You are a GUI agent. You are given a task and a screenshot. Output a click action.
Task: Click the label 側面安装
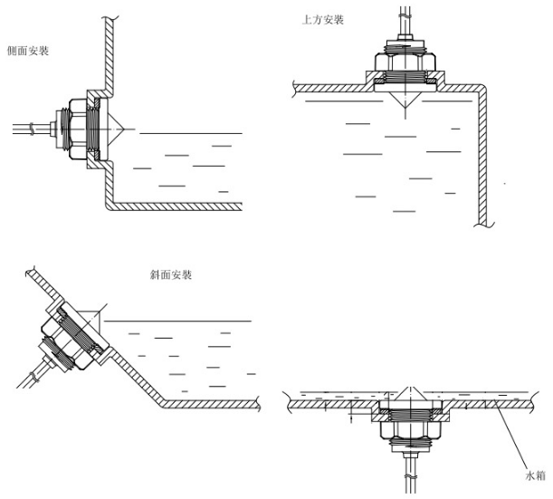point(26,52)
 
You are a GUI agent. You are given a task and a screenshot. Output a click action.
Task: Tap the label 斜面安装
point(170,273)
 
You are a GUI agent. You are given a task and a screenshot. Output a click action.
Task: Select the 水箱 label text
point(536,474)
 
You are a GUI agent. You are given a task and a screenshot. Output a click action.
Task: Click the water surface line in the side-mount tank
point(190,134)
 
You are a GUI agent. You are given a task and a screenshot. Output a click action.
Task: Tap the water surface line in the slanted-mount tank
point(181,321)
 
